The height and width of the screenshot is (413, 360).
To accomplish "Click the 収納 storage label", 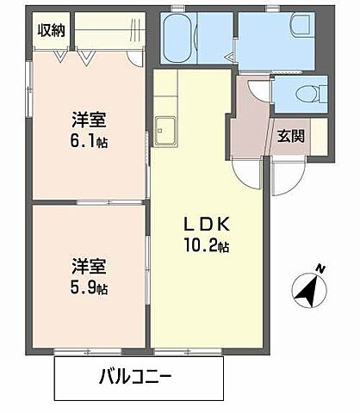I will point(51,30).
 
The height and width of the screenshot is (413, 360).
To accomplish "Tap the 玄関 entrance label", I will point(290,135).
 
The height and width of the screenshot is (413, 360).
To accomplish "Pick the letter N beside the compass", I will point(320,268).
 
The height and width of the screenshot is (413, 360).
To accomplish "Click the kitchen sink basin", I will point(164,129).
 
